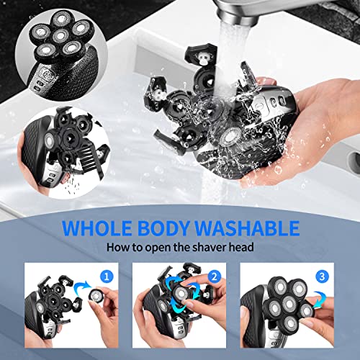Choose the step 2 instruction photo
tap(180, 302)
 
